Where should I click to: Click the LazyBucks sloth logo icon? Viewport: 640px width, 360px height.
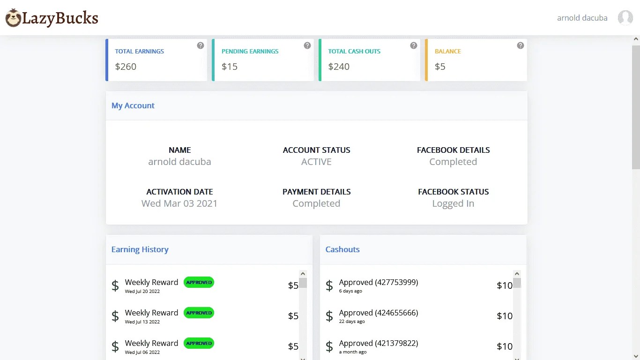pyautogui.click(x=13, y=18)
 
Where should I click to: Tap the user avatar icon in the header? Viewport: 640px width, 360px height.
pyautogui.click(x=625, y=18)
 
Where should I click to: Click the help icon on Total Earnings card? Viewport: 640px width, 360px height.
pyautogui.click(x=200, y=45)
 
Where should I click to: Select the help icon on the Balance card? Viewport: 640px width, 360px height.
pyautogui.click(x=520, y=45)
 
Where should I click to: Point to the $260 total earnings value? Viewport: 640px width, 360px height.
pyautogui.click(x=126, y=67)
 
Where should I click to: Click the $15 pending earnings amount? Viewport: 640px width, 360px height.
pyautogui.click(x=230, y=67)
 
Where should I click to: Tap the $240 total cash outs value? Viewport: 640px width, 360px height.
pyautogui.click(x=339, y=67)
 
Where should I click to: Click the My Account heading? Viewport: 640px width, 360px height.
pyautogui.click(x=133, y=105)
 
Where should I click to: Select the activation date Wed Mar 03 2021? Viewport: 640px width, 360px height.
pyautogui.click(x=179, y=203)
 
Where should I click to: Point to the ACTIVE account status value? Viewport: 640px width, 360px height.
pyautogui.click(x=316, y=162)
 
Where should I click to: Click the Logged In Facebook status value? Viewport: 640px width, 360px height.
pyautogui.click(x=453, y=203)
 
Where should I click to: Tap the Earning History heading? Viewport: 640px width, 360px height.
pyautogui.click(x=140, y=249)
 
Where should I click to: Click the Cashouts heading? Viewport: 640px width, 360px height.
pyautogui.click(x=342, y=249)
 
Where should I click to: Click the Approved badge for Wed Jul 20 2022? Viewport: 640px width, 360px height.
pyautogui.click(x=199, y=282)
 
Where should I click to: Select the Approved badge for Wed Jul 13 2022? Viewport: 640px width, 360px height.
pyautogui.click(x=199, y=313)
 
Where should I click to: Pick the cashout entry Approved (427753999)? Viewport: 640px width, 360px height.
pyautogui.click(x=378, y=282)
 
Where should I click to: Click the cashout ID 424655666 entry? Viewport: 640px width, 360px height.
pyautogui.click(x=378, y=313)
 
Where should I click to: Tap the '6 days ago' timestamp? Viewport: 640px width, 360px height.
pyautogui.click(x=350, y=291)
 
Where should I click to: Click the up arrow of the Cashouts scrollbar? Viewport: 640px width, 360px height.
pyautogui.click(x=517, y=274)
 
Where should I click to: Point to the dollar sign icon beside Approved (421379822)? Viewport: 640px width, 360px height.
pyautogui.click(x=329, y=346)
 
